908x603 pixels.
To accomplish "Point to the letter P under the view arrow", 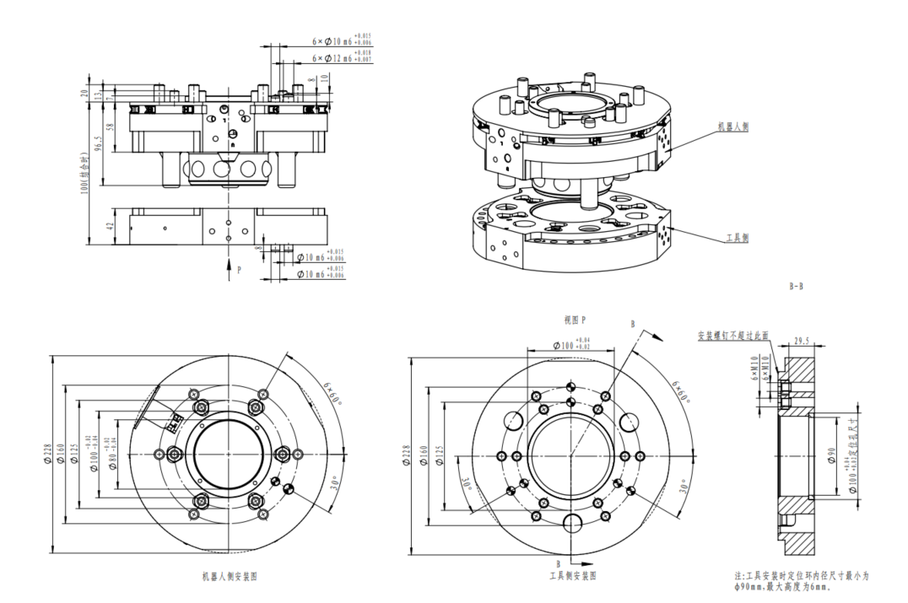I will pyautogui.click(x=240, y=270).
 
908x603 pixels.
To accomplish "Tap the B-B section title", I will pyautogui.click(x=796, y=286).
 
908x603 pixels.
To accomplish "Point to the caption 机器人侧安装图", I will pyautogui.click(x=229, y=577).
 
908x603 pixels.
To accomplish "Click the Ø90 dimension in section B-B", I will pyautogui.click(x=832, y=456).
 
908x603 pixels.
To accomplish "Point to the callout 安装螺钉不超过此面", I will pyautogui.click(x=732, y=335).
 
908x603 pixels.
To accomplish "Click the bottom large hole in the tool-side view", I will pyautogui.click(x=574, y=525).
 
